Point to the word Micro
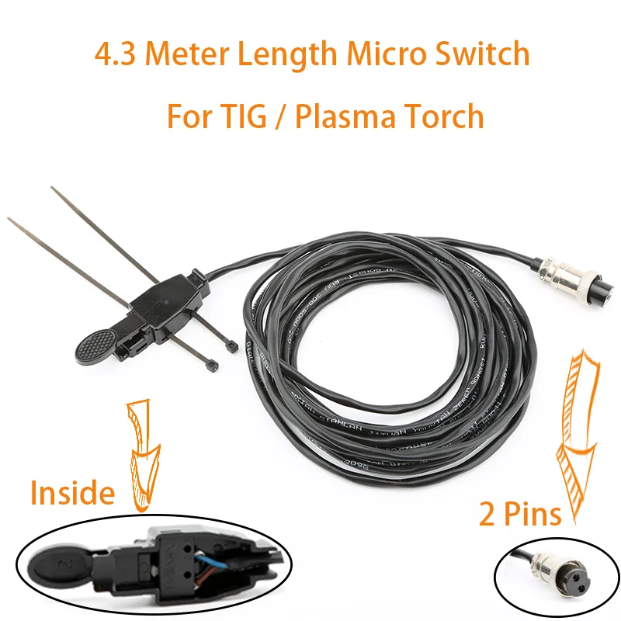point(376,55)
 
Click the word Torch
point(444,117)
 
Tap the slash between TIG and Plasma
point(279,117)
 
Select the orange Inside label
point(72,492)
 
